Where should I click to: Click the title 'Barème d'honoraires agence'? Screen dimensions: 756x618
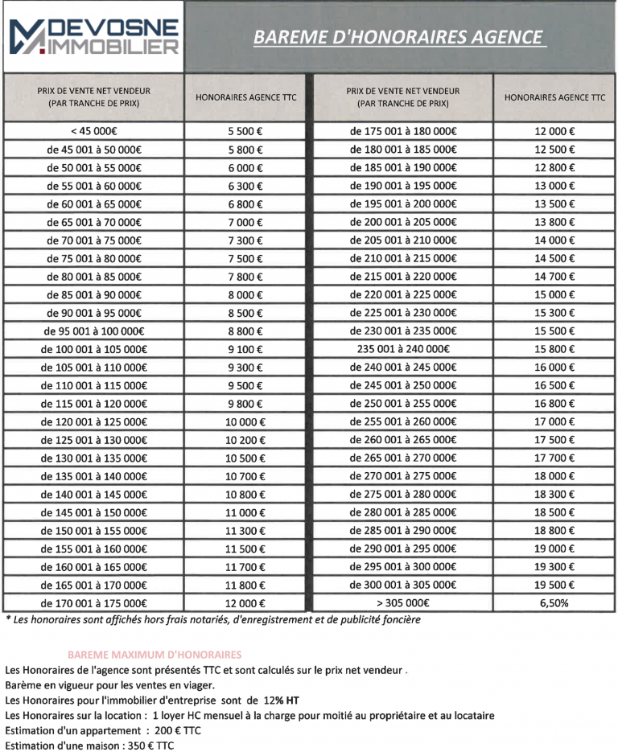click(x=399, y=37)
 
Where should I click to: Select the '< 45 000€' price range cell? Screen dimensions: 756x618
click(x=94, y=130)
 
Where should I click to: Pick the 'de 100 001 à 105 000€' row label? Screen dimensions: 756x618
click(x=94, y=349)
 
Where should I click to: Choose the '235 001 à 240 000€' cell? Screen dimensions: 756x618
click(x=402, y=349)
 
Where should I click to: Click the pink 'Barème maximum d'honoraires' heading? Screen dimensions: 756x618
click(x=154, y=655)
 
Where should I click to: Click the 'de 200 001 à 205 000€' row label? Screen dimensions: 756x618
click(x=402, y=222)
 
